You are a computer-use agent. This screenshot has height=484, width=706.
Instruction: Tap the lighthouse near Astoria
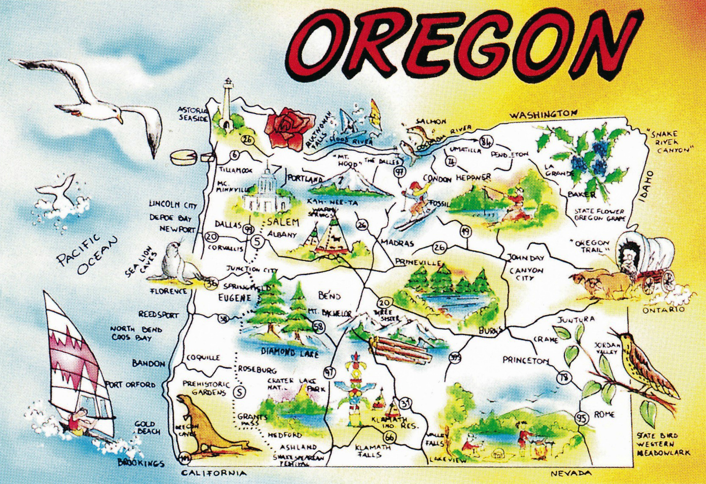(x=227, y=104)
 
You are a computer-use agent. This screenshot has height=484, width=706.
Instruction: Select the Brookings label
(x=141, y=462)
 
